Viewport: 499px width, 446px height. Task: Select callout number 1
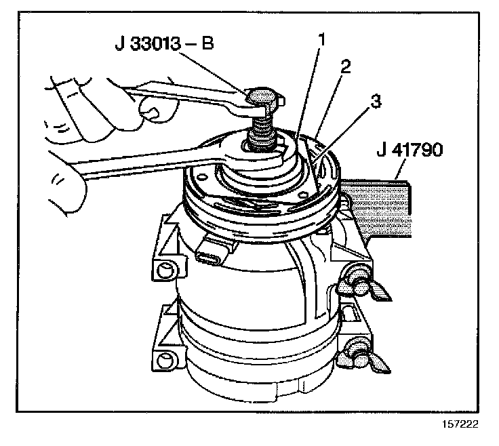point(322,39)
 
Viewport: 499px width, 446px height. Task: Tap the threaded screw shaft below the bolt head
point(260,130)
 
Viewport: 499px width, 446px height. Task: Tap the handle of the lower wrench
point(129,166)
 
